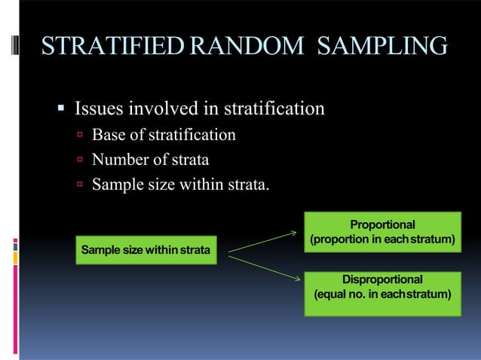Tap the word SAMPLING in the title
click(x=382, y=47)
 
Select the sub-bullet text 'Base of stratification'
click(x=164, y=136)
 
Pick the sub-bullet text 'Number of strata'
click(x=150, y=160)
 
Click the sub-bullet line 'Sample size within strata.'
click(x=179, y=184)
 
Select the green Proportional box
click(x=382, y=232)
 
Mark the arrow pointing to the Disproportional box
click(x=264, y=267)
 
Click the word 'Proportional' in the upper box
click(x=382, y=224)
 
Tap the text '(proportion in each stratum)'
click(x=382, y=239)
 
